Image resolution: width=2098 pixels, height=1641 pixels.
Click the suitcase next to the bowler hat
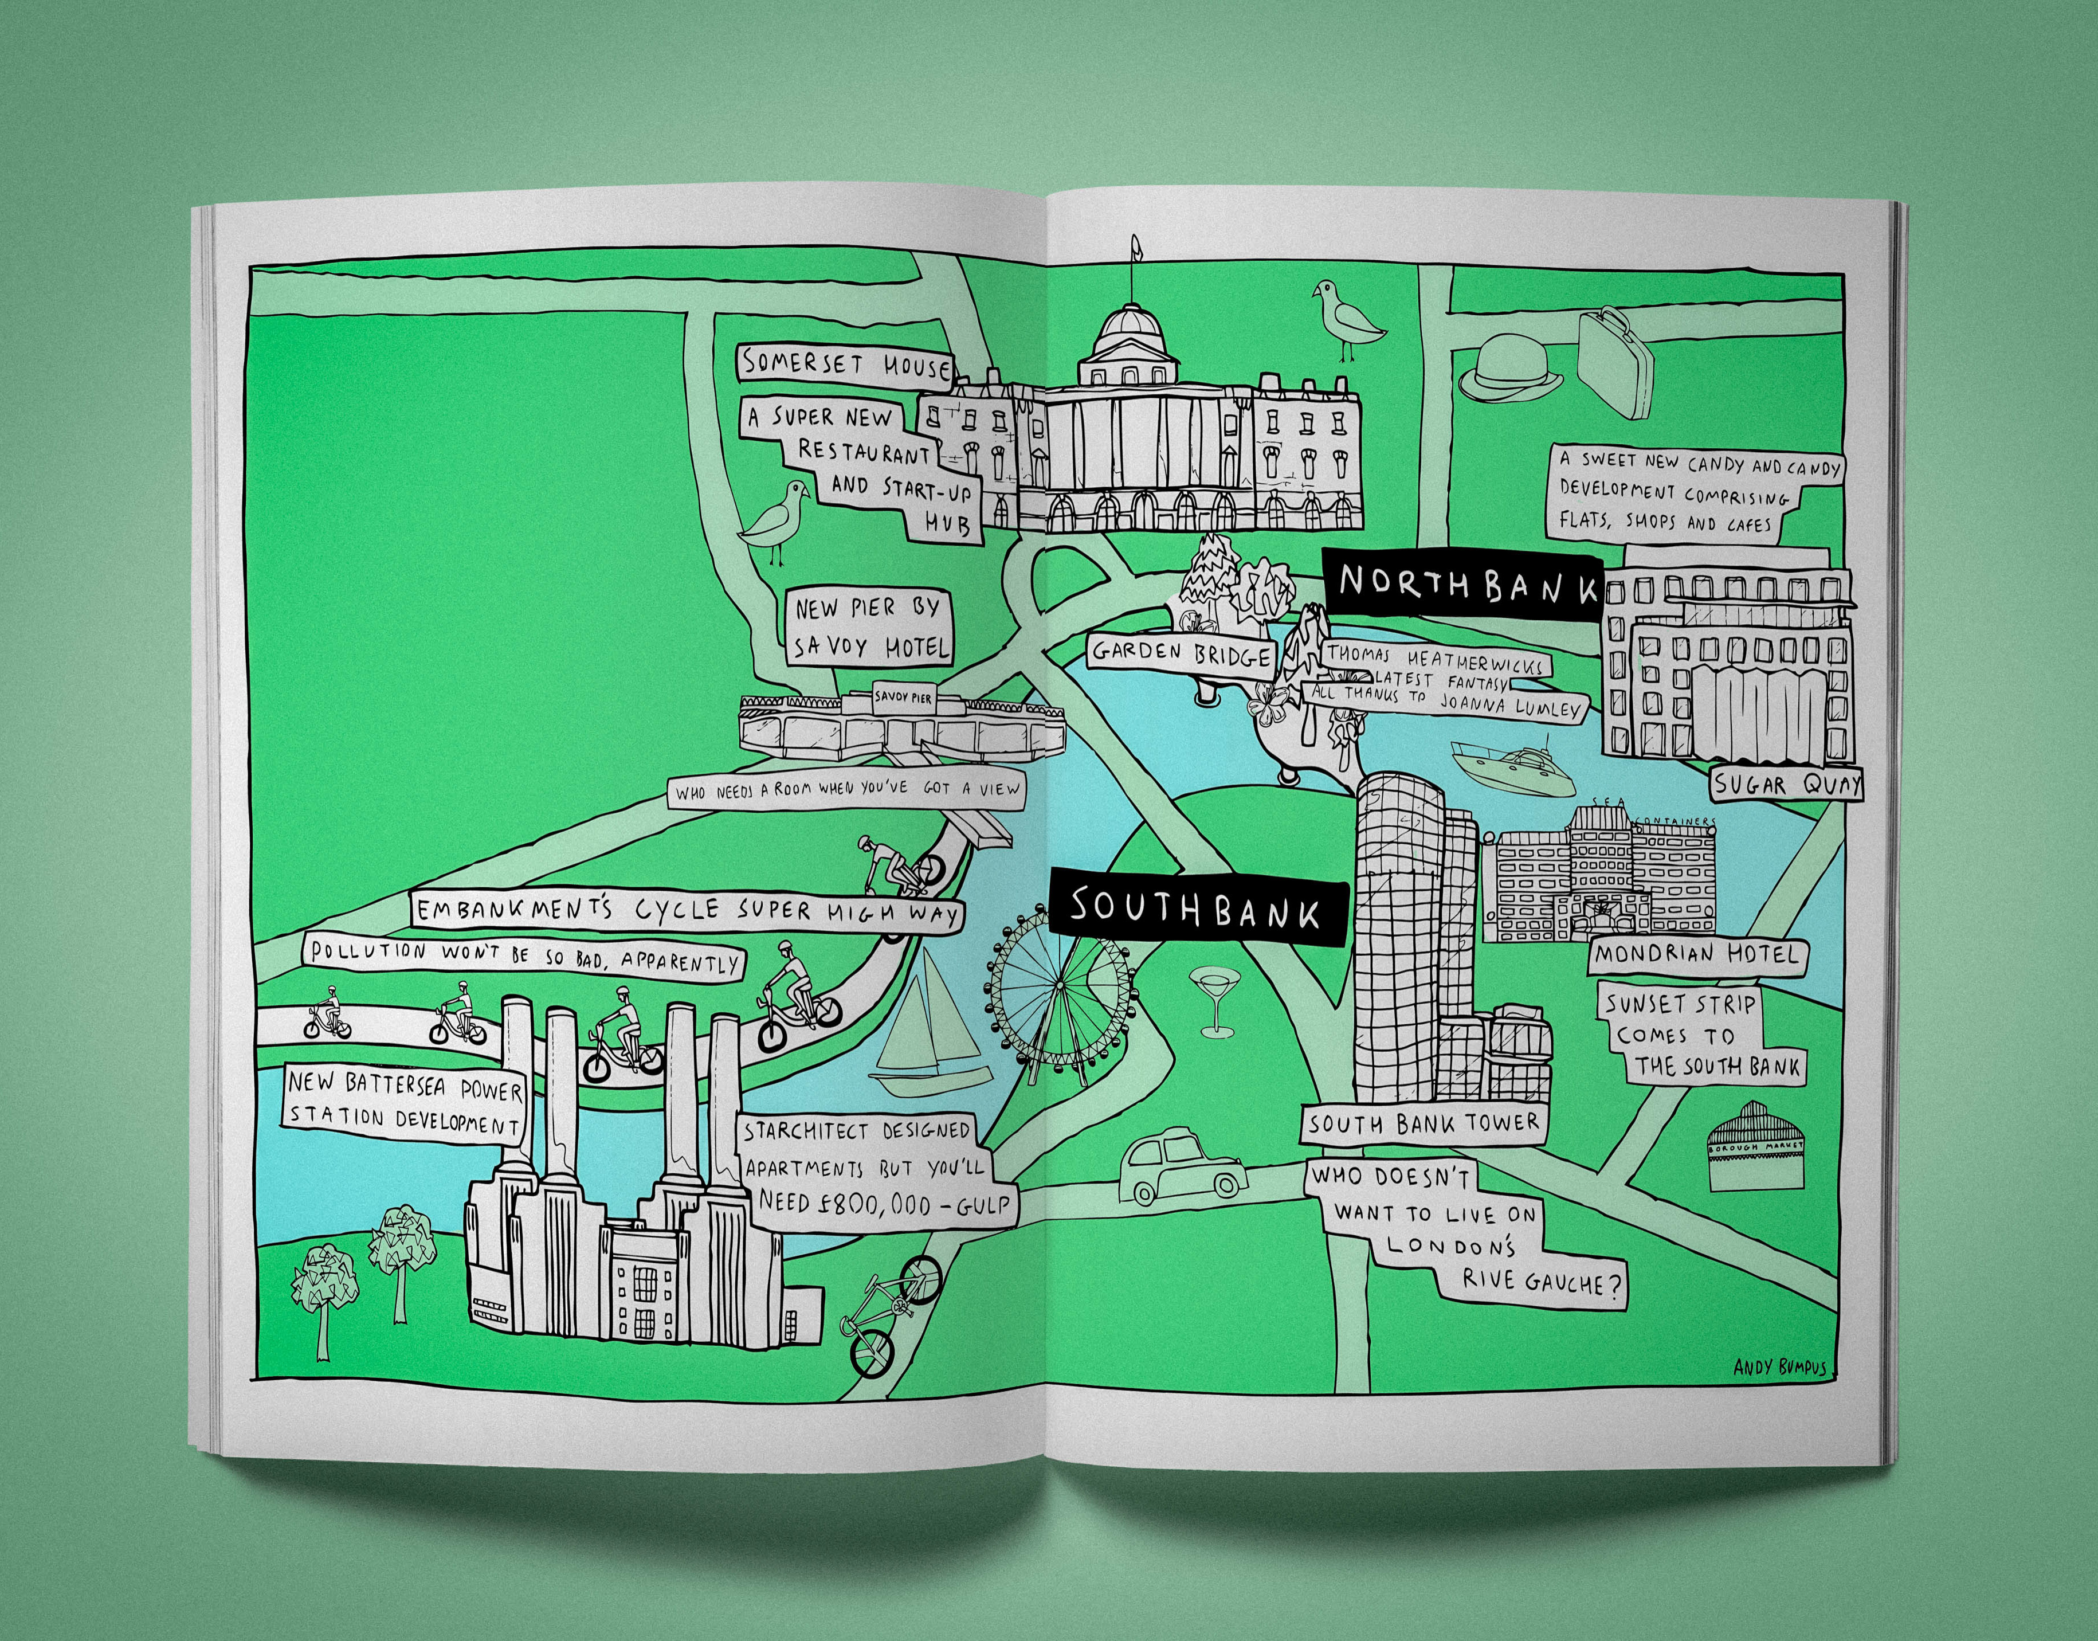point(1619,361)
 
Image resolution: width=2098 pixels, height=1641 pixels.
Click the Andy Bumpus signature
point(1780,1366)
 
